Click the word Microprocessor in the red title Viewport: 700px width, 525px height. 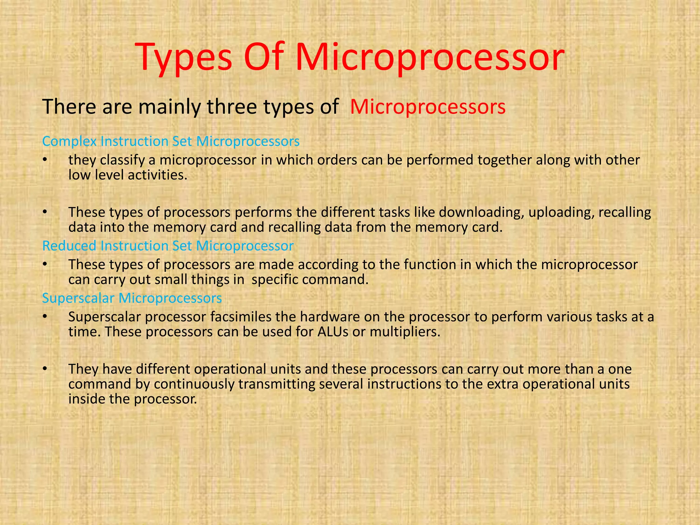pyautogui.click(x=430, y=57)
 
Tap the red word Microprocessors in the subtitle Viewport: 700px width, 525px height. pyautogui.click(x=428, y=107)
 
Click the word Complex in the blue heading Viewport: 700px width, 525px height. pyautogui.click(x=69, y=142)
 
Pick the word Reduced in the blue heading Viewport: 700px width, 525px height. pyautogui.click(x=69, y=246)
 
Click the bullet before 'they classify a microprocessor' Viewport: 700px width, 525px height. pyautogui.click(x=44, y=160)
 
